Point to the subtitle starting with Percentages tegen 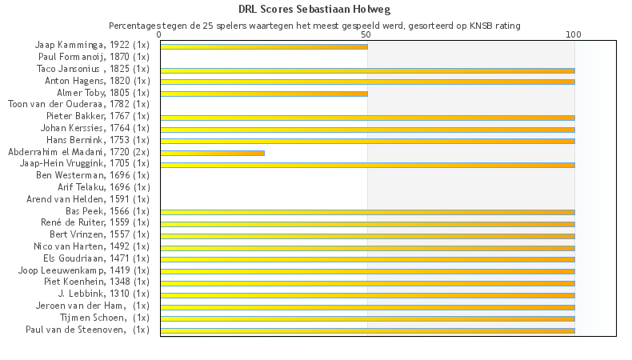314,26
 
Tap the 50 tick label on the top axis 366,35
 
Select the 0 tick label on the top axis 160,35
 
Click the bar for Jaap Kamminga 263,46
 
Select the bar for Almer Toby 263,94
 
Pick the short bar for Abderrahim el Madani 212,153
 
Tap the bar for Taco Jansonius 366,70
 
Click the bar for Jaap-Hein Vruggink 366,165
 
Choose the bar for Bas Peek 366,212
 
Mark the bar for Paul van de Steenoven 366,330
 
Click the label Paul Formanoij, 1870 94,57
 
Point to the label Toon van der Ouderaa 78,104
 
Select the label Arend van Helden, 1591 88,198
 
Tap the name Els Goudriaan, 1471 90,258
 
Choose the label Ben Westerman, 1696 93,174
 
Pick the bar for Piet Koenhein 366,282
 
